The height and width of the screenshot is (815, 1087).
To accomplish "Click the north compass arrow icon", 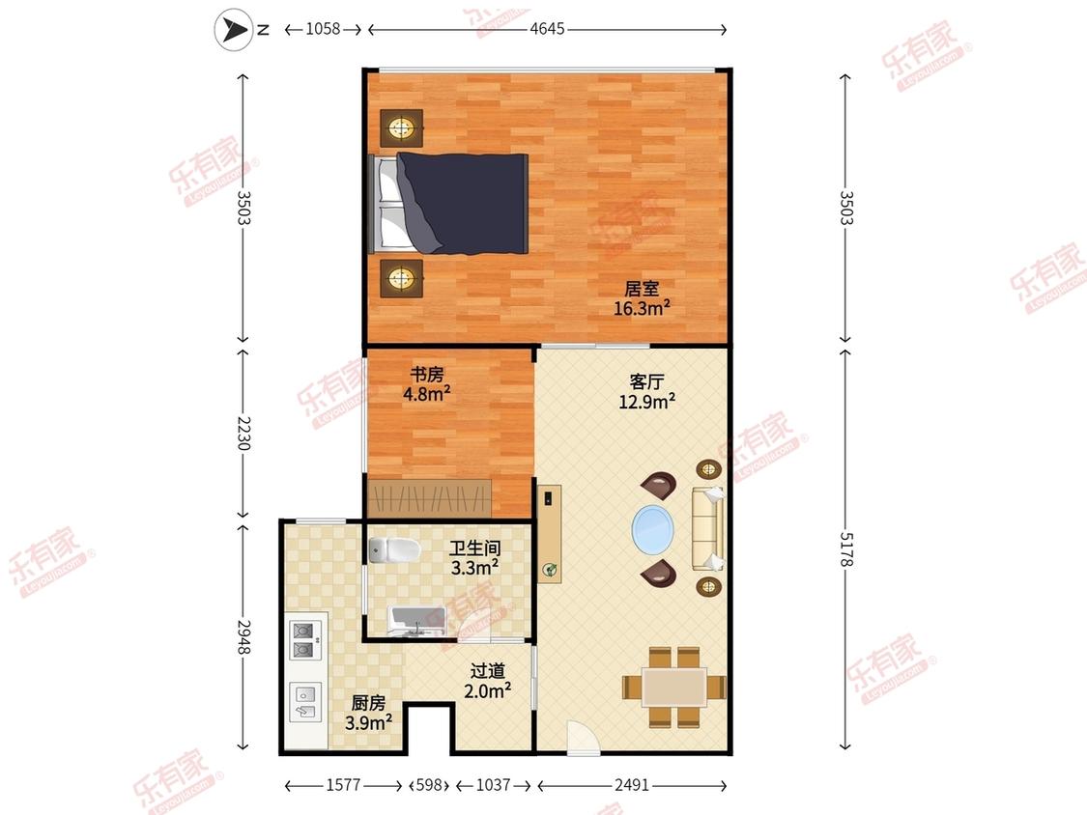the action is pyautogui.click(x=234, y=30).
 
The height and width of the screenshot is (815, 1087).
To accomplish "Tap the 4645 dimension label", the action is pyautogui.click(x=547, y=29).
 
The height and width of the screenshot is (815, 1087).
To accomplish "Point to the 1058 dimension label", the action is pyautogui.click(x=323, y=29).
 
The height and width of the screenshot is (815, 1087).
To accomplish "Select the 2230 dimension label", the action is pyautogui.click(x=243, y=434).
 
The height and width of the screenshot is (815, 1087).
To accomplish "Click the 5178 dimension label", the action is pyautogui.click(x=845, y=548).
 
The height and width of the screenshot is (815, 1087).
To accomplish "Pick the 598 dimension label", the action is pyautogui.click(x=429, y=785).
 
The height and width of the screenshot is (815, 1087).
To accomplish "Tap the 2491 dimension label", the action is pyautogui.click(x=632, y=785).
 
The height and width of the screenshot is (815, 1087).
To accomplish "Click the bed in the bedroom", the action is pyautogui.click(x=450, y=203).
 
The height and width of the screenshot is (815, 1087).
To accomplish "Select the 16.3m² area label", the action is pyautogui.click(x=642, y=308).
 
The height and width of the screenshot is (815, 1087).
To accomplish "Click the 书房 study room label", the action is pyautogui.click(x=427, y=375).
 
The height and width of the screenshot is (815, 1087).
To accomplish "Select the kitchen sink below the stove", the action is pyautogui.click(x=305, y=701).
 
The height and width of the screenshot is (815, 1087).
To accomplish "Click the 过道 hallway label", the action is pyautogui.click(x=488, y=671).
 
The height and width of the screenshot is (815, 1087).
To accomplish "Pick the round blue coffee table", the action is pyautogui.click(x=652, y=530).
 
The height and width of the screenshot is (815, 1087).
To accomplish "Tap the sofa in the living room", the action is pyautogui.click(x=708, y=528).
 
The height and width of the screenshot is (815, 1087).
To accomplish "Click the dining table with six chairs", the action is pyautogui.click(x=673, y=688).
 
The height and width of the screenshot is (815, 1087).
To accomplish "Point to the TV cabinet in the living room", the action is pyautogui.click(x=550, y=534).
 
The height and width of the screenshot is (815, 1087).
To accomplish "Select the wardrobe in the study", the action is pyautogui.click(x=430, y=497).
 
